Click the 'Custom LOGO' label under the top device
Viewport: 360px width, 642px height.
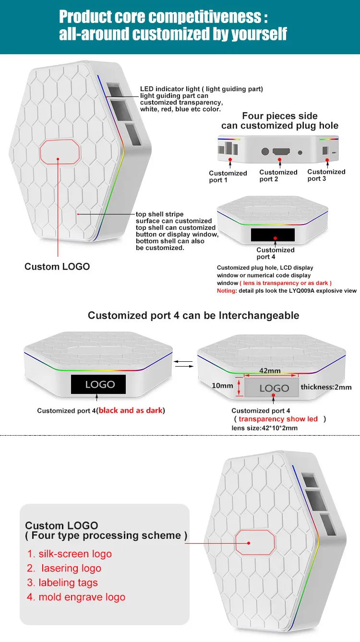tap(57, 266)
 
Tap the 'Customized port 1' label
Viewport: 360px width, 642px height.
tap(228, 177)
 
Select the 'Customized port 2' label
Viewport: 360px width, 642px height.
tap(278, 176)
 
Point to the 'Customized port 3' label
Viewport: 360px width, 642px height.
tap(326, 175)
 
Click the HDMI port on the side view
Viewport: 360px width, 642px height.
tap(281, 152)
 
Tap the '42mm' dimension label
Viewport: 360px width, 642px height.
tap(270, 370)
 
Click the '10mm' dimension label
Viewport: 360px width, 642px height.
tap(222, 386)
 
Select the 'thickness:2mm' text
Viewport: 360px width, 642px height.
tap(326, 387)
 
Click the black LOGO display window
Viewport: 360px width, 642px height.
tap(100, 384)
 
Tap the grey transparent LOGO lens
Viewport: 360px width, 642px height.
tap(274, 388)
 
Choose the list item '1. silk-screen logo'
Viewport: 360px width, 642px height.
tap(69, 554)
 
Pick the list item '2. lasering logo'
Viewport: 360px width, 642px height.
tap(64, 569)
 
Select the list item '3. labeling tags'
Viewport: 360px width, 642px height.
tap(62, 583)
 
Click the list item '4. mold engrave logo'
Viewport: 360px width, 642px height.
tap(76, 597)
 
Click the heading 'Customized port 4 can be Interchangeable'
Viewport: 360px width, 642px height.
tap(193, 315)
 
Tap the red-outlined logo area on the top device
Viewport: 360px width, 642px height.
tap(60, 153)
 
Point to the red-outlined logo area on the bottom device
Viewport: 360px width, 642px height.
tap(254, 543)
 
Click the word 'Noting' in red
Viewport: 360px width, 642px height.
tap(227, 291)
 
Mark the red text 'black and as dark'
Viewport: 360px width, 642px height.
tap(131, 410)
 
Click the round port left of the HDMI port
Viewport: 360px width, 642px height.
tap(265, 151)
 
